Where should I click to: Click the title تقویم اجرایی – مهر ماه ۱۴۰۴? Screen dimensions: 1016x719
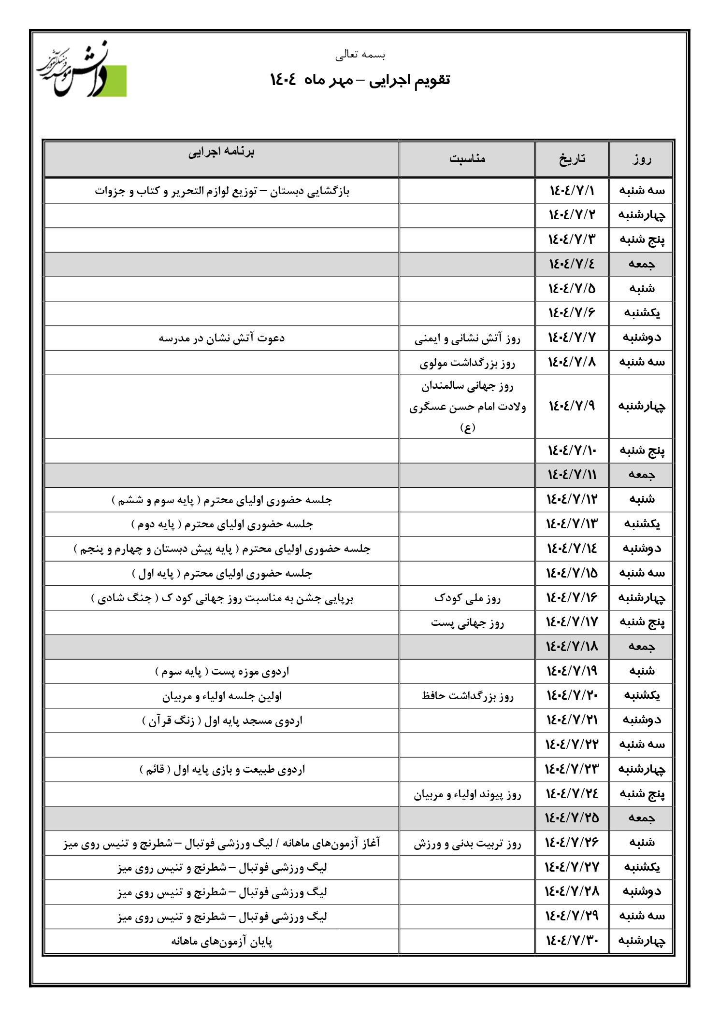pyautogui.click(x=359, y=80)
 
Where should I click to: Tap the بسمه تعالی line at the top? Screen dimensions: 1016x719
pyautogui.click(x=360, y=55)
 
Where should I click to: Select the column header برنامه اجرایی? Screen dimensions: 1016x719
pyautogui.click(x=221, y=152)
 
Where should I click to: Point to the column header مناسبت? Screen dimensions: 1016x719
pyautogui.click(x=467, y=159)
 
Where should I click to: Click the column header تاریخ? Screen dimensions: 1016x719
pyautogui.click(x=572, y=159)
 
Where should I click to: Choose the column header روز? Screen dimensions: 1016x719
pyautogui.click(x=641, y=159)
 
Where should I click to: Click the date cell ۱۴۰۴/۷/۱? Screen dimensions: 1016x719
pyautogui.click(x=572, y=191)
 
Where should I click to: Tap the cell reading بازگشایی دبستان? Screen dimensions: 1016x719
pyautogui.click(x=221, y=191)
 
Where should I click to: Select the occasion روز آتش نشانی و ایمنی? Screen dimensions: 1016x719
pyautogui.click(x=467, y=339)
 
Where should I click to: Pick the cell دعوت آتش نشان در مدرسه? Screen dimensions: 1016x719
pyautogui.click(x=221, y=338)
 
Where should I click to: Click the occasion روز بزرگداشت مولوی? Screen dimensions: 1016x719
pyautogui.click(x=467, y=363)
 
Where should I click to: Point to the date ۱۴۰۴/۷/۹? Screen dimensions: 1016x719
pyautogui.click(x=572, y=406)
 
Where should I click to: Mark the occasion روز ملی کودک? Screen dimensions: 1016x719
pyautogui.click(x=467, y=599)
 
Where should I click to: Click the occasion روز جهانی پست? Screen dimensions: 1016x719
pyautogui.click(x=467, y=623)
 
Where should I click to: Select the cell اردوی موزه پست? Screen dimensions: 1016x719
pyautogui.click(x=221, y=672)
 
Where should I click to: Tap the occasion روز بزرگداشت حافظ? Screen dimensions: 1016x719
pyautogui.click(x=467, y=696)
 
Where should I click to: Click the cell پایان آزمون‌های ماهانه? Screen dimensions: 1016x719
pyautogui.click(x=221, y=942)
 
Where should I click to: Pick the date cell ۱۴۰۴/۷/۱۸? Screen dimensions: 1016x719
pyautogui.click(x=572, y=647)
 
